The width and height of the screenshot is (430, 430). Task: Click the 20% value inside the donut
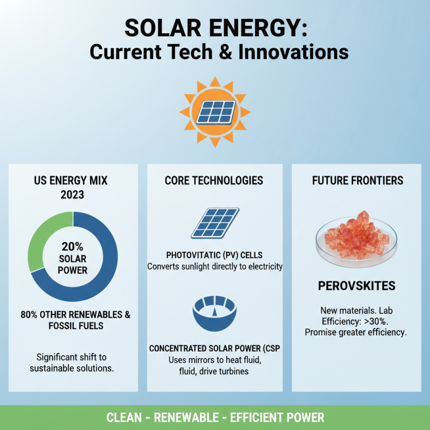coord(72,247)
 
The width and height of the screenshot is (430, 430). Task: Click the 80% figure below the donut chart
coord(31,314)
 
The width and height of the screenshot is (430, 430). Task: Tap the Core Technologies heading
coord(214,180)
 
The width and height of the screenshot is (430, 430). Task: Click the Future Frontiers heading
coord(357,180)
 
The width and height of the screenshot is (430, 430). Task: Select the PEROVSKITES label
coord(356,285)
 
